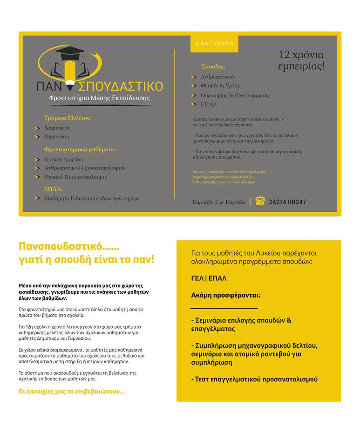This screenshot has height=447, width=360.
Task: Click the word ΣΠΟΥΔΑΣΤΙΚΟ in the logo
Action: (x=121, y=86)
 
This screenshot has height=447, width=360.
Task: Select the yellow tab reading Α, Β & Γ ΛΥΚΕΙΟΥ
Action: (x=214, y=43)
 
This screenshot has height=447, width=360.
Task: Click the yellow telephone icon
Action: (x=260, y=202)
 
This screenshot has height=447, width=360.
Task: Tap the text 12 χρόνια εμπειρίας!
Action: (x=301, y=60)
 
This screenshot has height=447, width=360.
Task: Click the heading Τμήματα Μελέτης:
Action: (x=67, y=118)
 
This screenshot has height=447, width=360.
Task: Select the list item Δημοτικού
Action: (x=57, y=128)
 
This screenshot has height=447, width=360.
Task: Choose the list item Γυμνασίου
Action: (x=57, y=137)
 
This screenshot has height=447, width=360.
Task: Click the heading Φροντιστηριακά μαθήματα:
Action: (x=79, y=150)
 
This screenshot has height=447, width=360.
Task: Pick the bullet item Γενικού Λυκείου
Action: (x=63, y=159)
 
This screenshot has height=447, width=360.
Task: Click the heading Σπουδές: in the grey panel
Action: (x=213, y=67)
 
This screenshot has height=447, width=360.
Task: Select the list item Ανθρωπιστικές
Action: (x=218, y=76)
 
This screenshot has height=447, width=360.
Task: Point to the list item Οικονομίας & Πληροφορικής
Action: (x=235, y=95)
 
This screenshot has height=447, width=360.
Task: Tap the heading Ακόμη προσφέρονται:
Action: (x=225, y=295)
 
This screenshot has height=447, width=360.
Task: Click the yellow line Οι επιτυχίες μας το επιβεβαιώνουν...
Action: (x=72, y=392)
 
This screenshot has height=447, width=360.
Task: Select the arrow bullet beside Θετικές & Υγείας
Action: (x=194, y=86)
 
